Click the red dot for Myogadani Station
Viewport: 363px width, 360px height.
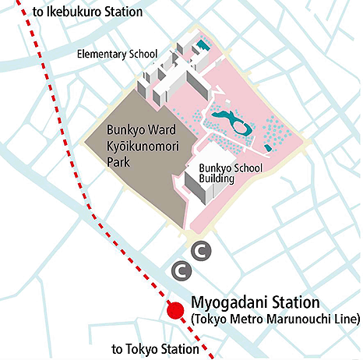(x=175, y=310)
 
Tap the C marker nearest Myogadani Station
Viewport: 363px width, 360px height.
(x=181, y=270)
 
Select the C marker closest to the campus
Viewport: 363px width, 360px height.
(x=201, y=250)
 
